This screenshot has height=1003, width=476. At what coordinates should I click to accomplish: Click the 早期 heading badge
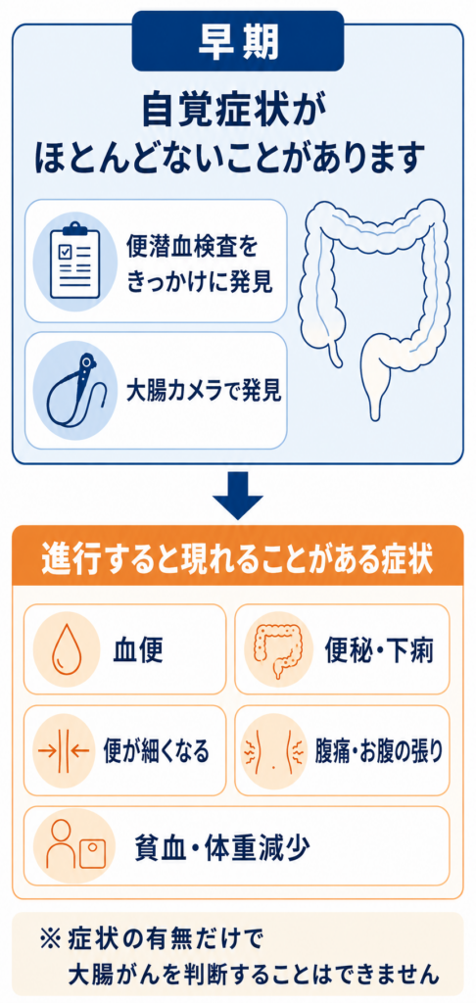[238, 41]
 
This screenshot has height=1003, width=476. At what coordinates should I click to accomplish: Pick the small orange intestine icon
[276, 648]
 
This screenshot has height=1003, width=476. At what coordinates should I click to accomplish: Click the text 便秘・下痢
[379, 650]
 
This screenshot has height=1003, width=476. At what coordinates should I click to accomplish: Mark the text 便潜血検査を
[194, 246]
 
